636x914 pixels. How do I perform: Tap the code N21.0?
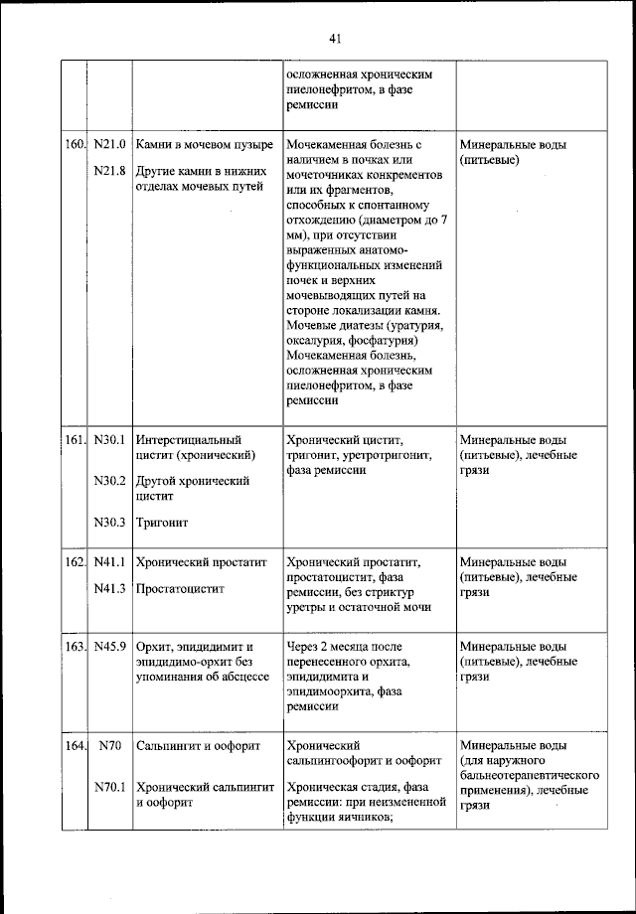tap(109, 145)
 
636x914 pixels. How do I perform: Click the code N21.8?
tap(109, 171)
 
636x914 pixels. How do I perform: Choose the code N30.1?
tap(109, 439)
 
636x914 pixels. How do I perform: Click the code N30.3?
tap(109, 522)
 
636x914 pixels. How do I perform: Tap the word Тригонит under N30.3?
tap(162, 522)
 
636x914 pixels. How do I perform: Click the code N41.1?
tap(109, 562)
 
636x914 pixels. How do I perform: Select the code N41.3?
tap(109, 588)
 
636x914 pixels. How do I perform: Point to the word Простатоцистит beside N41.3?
tap(180, 588)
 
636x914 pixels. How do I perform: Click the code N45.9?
tap(109, 646)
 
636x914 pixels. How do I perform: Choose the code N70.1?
tap(109, 787)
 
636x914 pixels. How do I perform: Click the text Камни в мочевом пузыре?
tap(204, 145)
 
